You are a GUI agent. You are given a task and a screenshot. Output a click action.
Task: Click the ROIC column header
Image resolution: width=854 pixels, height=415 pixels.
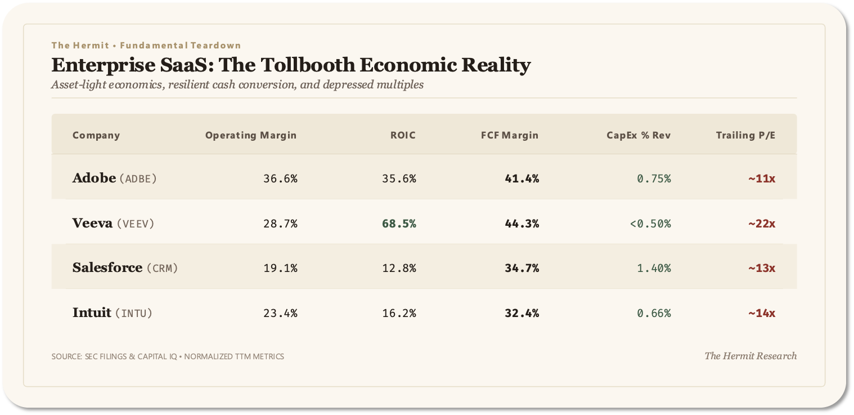(x=403, y=135)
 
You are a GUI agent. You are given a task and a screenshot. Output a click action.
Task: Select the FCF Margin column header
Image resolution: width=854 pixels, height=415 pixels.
(x=509, y=135)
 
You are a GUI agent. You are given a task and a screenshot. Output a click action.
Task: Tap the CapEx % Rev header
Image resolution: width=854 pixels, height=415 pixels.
(x=638, y=135)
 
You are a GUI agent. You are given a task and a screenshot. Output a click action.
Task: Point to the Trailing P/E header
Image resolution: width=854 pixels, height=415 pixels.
(x=745, y=135)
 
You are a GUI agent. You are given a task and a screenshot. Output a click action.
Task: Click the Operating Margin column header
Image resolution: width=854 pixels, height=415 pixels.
(x=251, y=135)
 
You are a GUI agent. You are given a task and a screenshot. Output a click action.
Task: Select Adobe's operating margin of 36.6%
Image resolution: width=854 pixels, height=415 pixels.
(x=280, y=179)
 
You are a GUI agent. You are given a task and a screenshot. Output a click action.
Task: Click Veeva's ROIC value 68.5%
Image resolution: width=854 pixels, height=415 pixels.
(x=399, y=224)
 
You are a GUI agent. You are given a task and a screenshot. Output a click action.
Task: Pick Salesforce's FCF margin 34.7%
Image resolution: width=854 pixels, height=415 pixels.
(x=522, y=268)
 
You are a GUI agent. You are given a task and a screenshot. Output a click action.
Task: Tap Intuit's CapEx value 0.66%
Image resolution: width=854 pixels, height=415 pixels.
(x=654, y=313)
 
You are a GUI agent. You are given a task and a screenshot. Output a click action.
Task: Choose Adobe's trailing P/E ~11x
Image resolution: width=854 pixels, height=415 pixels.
(x=761, y=179)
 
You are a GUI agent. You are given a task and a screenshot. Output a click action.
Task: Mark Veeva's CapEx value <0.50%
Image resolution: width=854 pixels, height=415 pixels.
(x=650, y=224)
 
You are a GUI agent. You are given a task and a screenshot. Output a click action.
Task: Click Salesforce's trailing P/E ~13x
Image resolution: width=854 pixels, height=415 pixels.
(x=761, y=268)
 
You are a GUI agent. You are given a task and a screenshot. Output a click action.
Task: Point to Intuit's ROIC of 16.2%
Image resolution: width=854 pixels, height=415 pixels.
(x=399, y=313)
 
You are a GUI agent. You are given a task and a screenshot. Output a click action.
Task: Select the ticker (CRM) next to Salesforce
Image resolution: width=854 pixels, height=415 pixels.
(x=163, y=268)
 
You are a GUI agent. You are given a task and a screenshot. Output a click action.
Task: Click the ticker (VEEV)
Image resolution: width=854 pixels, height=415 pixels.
(x=136, y=224)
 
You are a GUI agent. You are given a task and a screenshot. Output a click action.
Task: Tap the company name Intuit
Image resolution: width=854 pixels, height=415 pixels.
(x=92, y=313)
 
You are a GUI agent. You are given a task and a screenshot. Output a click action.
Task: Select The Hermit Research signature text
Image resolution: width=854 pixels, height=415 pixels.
(x=750, y=356)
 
